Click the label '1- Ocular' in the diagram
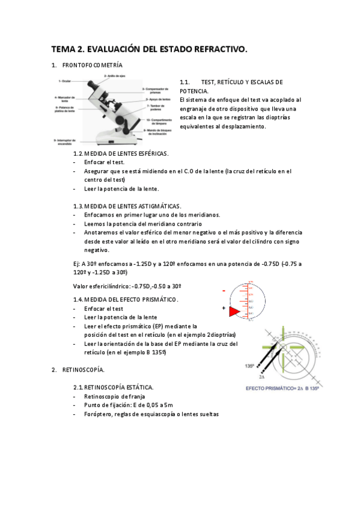65,81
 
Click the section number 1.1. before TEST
185,82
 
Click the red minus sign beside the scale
224,291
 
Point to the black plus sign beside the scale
224,308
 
